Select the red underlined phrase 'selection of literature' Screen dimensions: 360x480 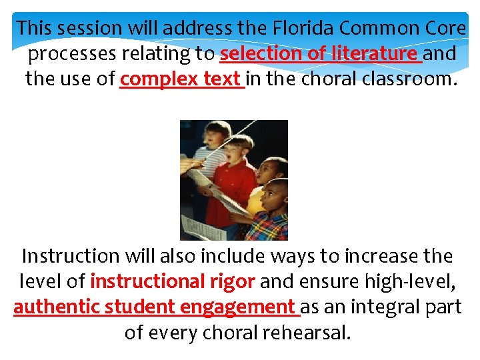pyautogui.click(x=320, y=53)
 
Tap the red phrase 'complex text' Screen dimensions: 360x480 pyautogui.click(x=181, y=79)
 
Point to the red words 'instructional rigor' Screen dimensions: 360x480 pyautogui.click(x=172, y=281)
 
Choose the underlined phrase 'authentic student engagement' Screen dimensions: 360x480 pyautogui.click(x=156, y=307)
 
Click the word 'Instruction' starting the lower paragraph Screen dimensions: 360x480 pyautogui.click(x=70, y=256)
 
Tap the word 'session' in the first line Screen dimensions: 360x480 pyautogui.click(x=88, y=28)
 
